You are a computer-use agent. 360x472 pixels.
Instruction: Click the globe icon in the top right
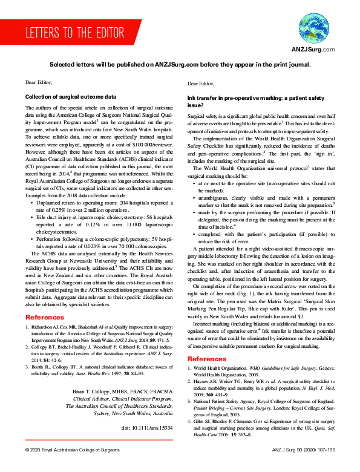[x=312, y=29]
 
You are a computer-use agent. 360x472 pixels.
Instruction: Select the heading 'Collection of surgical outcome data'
[x=70, y=97]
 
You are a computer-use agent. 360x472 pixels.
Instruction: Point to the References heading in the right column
[x=208, y=359]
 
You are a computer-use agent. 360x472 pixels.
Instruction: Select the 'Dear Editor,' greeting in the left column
[x=39, y=81]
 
